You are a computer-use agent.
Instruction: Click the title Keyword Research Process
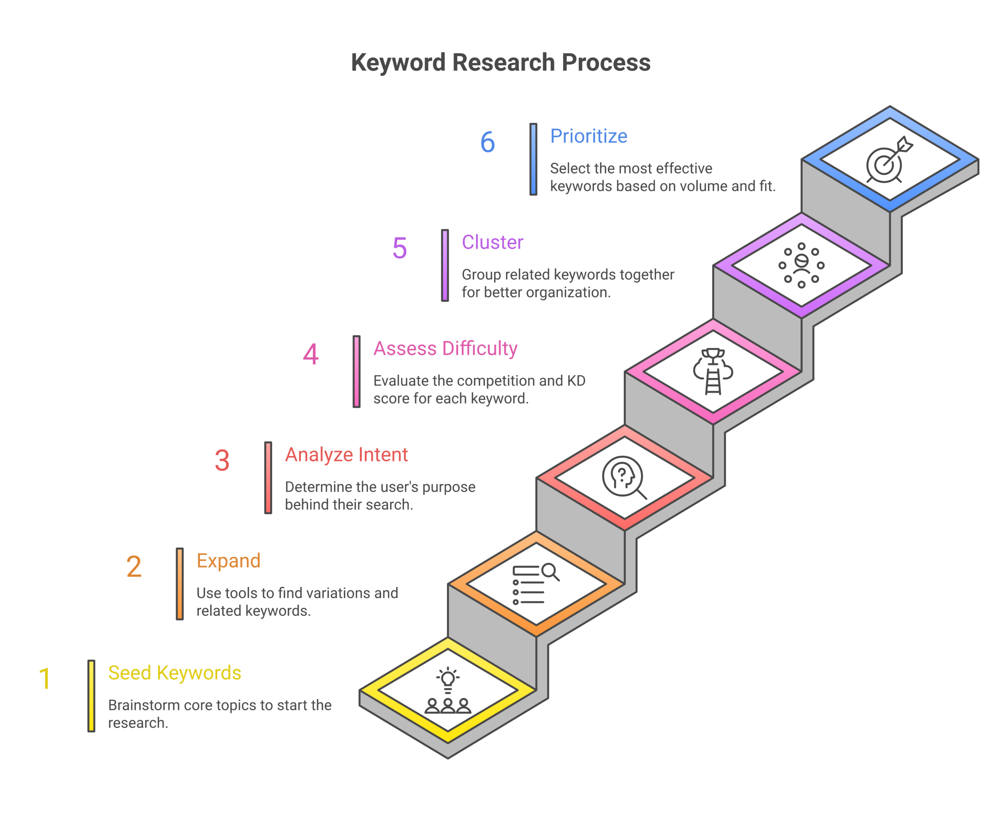point(500,62)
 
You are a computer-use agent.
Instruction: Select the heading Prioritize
point(588,136)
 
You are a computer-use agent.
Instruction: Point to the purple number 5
point(399,248)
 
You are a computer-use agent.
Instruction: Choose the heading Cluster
point(492,242)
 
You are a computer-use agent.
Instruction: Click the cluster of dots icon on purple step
point(801,265)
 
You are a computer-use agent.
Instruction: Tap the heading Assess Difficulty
point(445,348)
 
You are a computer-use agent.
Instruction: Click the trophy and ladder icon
point(712,371)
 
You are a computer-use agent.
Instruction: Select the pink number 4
point(310,354)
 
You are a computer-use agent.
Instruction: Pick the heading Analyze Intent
point(346,454)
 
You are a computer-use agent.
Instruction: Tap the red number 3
point(222,460)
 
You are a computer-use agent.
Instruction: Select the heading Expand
point(228,560)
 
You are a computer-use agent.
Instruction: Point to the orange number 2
point(133,566)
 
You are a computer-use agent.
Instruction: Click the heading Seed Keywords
point(174,673)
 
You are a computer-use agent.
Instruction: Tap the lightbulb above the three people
point(447,678)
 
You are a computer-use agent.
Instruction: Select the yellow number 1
point(45,678)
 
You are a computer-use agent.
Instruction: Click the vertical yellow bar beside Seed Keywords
point(91,695)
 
